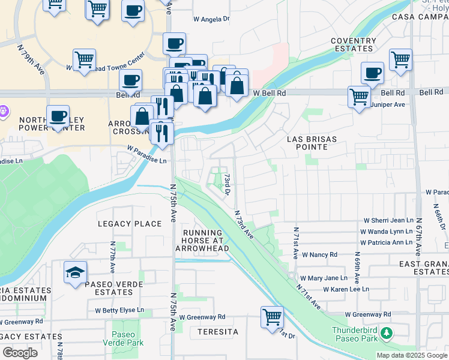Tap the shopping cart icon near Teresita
(272, 316)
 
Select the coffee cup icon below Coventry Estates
(372, 73)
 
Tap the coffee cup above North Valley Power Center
(58, 116)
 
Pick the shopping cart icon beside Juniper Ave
(359, 96)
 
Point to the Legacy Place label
(130, 224)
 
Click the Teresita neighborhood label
(214, 332)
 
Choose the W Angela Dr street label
(211, 19)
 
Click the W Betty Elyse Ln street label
(119, 310)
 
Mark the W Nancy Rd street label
(319, 254)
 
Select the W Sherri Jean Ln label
(388, 221)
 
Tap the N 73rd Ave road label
(244, 223)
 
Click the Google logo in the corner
(20, 352)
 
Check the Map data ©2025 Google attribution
(411, 355)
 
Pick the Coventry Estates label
(354, 45)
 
